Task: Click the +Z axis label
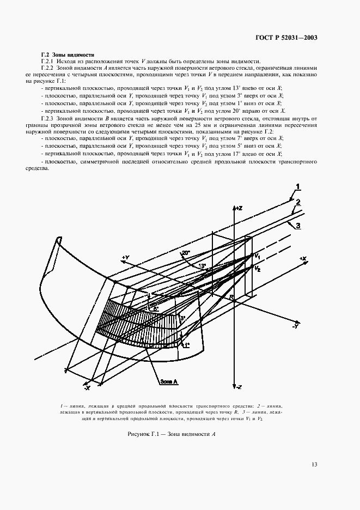pyautogui.click(x=238, y=208)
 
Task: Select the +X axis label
pyautogui.click(x=303, y=258)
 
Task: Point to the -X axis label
pyautogui.click(x=87, y=387)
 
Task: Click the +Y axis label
pyautogui.click(x=125, y=257)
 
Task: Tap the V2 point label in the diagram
pyautogui.click(x=258, y=269)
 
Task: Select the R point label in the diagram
pyautogui.click(x=231, y=297)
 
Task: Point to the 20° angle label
pyautogui.click(x=186, y=253)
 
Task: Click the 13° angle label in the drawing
pyautogui.click(x=202, y=266)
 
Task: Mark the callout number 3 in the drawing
pyautogui.click(x=298, y=226)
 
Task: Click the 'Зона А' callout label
pyautogui.click(x=169, y=381)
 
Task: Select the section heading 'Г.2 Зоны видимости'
pyautogui.click(x=68, y=54)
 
